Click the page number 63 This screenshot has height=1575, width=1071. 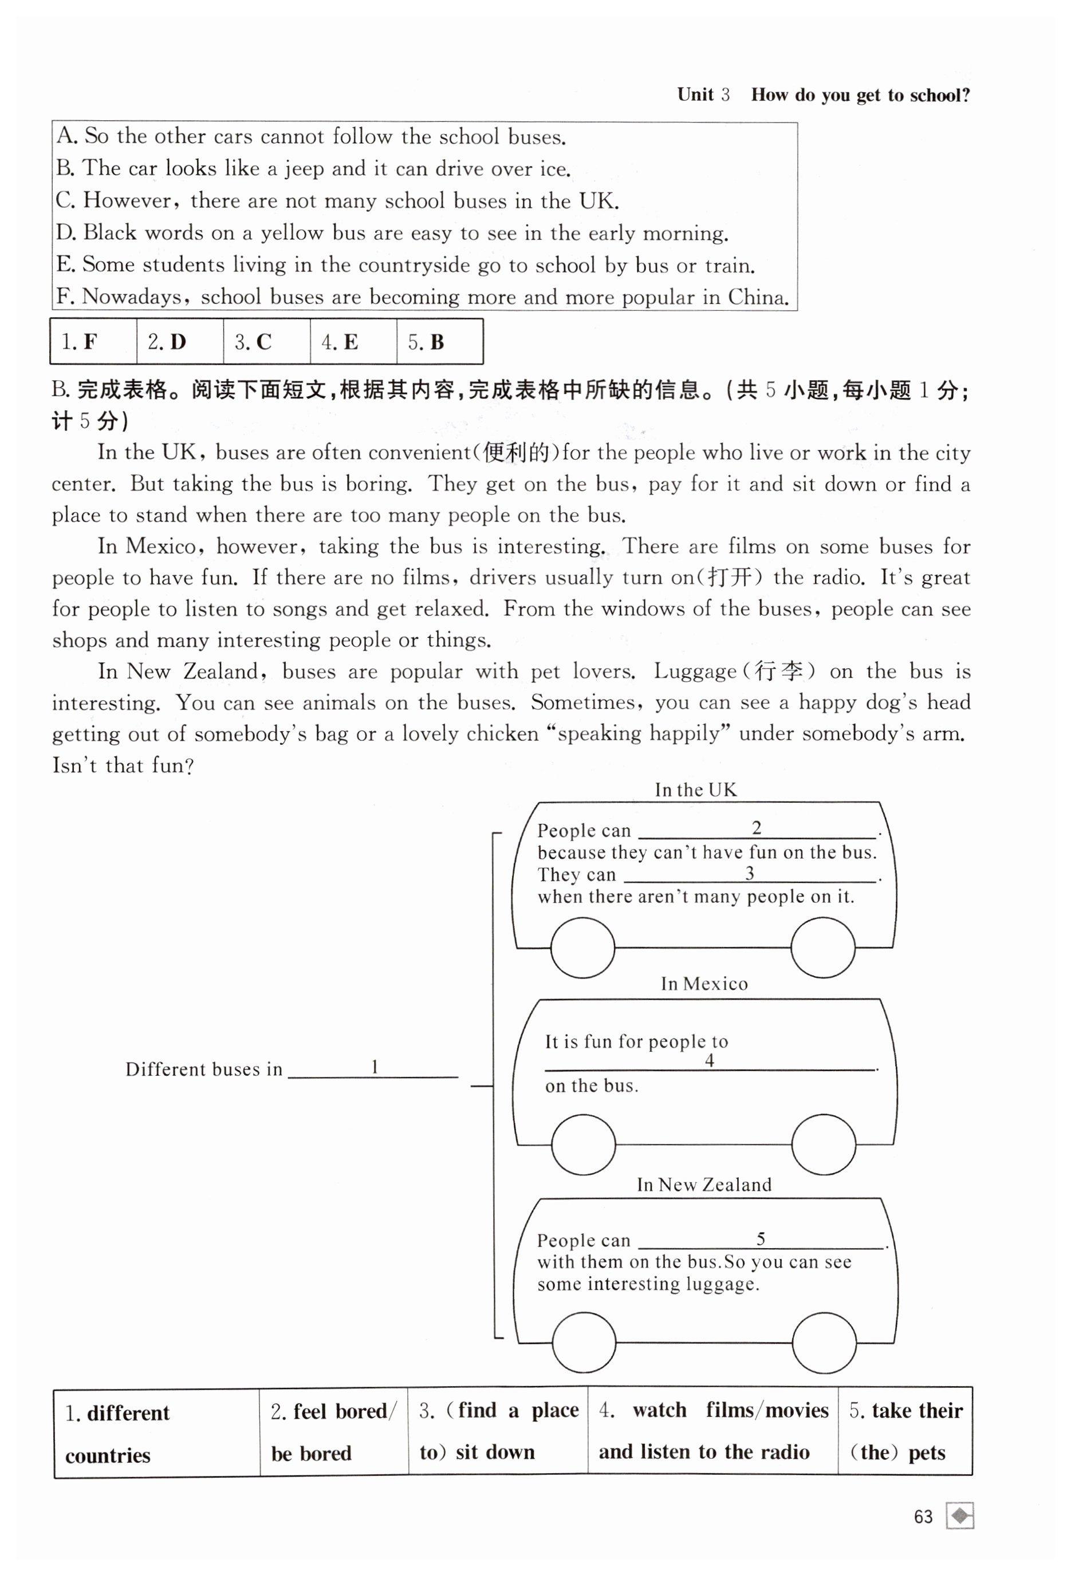coord(923,1516)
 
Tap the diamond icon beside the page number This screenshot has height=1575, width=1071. coord(960,1515)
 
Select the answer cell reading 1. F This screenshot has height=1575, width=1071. coord(93,342)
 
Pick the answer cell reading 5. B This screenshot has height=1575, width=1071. coord(439,342)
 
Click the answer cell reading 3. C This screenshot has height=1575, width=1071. coord(266,342)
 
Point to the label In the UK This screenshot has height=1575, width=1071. coord(695,790)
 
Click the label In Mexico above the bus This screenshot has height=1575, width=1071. coord(704,984)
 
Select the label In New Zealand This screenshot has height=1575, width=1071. coord(704,1185)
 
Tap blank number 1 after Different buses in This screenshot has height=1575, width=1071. coord(373,1069)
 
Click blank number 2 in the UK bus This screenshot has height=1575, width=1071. coord(757,829)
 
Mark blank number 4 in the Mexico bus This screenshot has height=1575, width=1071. coord(710,1061)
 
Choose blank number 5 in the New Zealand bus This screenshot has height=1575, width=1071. coord(761,1240)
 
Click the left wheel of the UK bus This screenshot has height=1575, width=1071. coord(582,948)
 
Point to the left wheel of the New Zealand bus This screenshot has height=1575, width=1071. coord(584,1342)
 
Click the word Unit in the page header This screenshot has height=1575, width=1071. coord(695,95)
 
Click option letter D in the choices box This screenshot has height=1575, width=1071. coord(65,232)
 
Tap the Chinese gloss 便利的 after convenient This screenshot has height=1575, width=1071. coord(518,452)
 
